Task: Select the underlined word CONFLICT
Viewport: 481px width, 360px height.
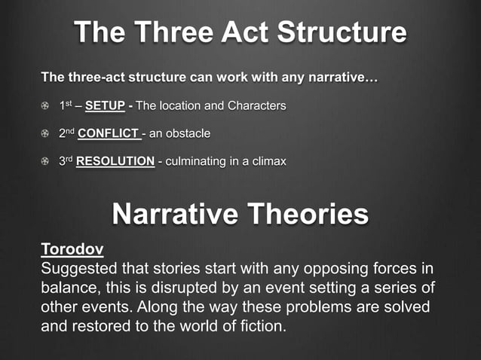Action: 108,134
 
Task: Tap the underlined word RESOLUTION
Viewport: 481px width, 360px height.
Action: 115,162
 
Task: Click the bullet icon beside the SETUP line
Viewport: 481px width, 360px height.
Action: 46,106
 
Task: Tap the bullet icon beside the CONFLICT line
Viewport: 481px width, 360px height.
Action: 46,134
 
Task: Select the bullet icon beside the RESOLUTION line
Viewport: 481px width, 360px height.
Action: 46,162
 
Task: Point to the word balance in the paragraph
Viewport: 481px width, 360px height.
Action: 68,289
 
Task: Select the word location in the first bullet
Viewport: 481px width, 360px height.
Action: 180,106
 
